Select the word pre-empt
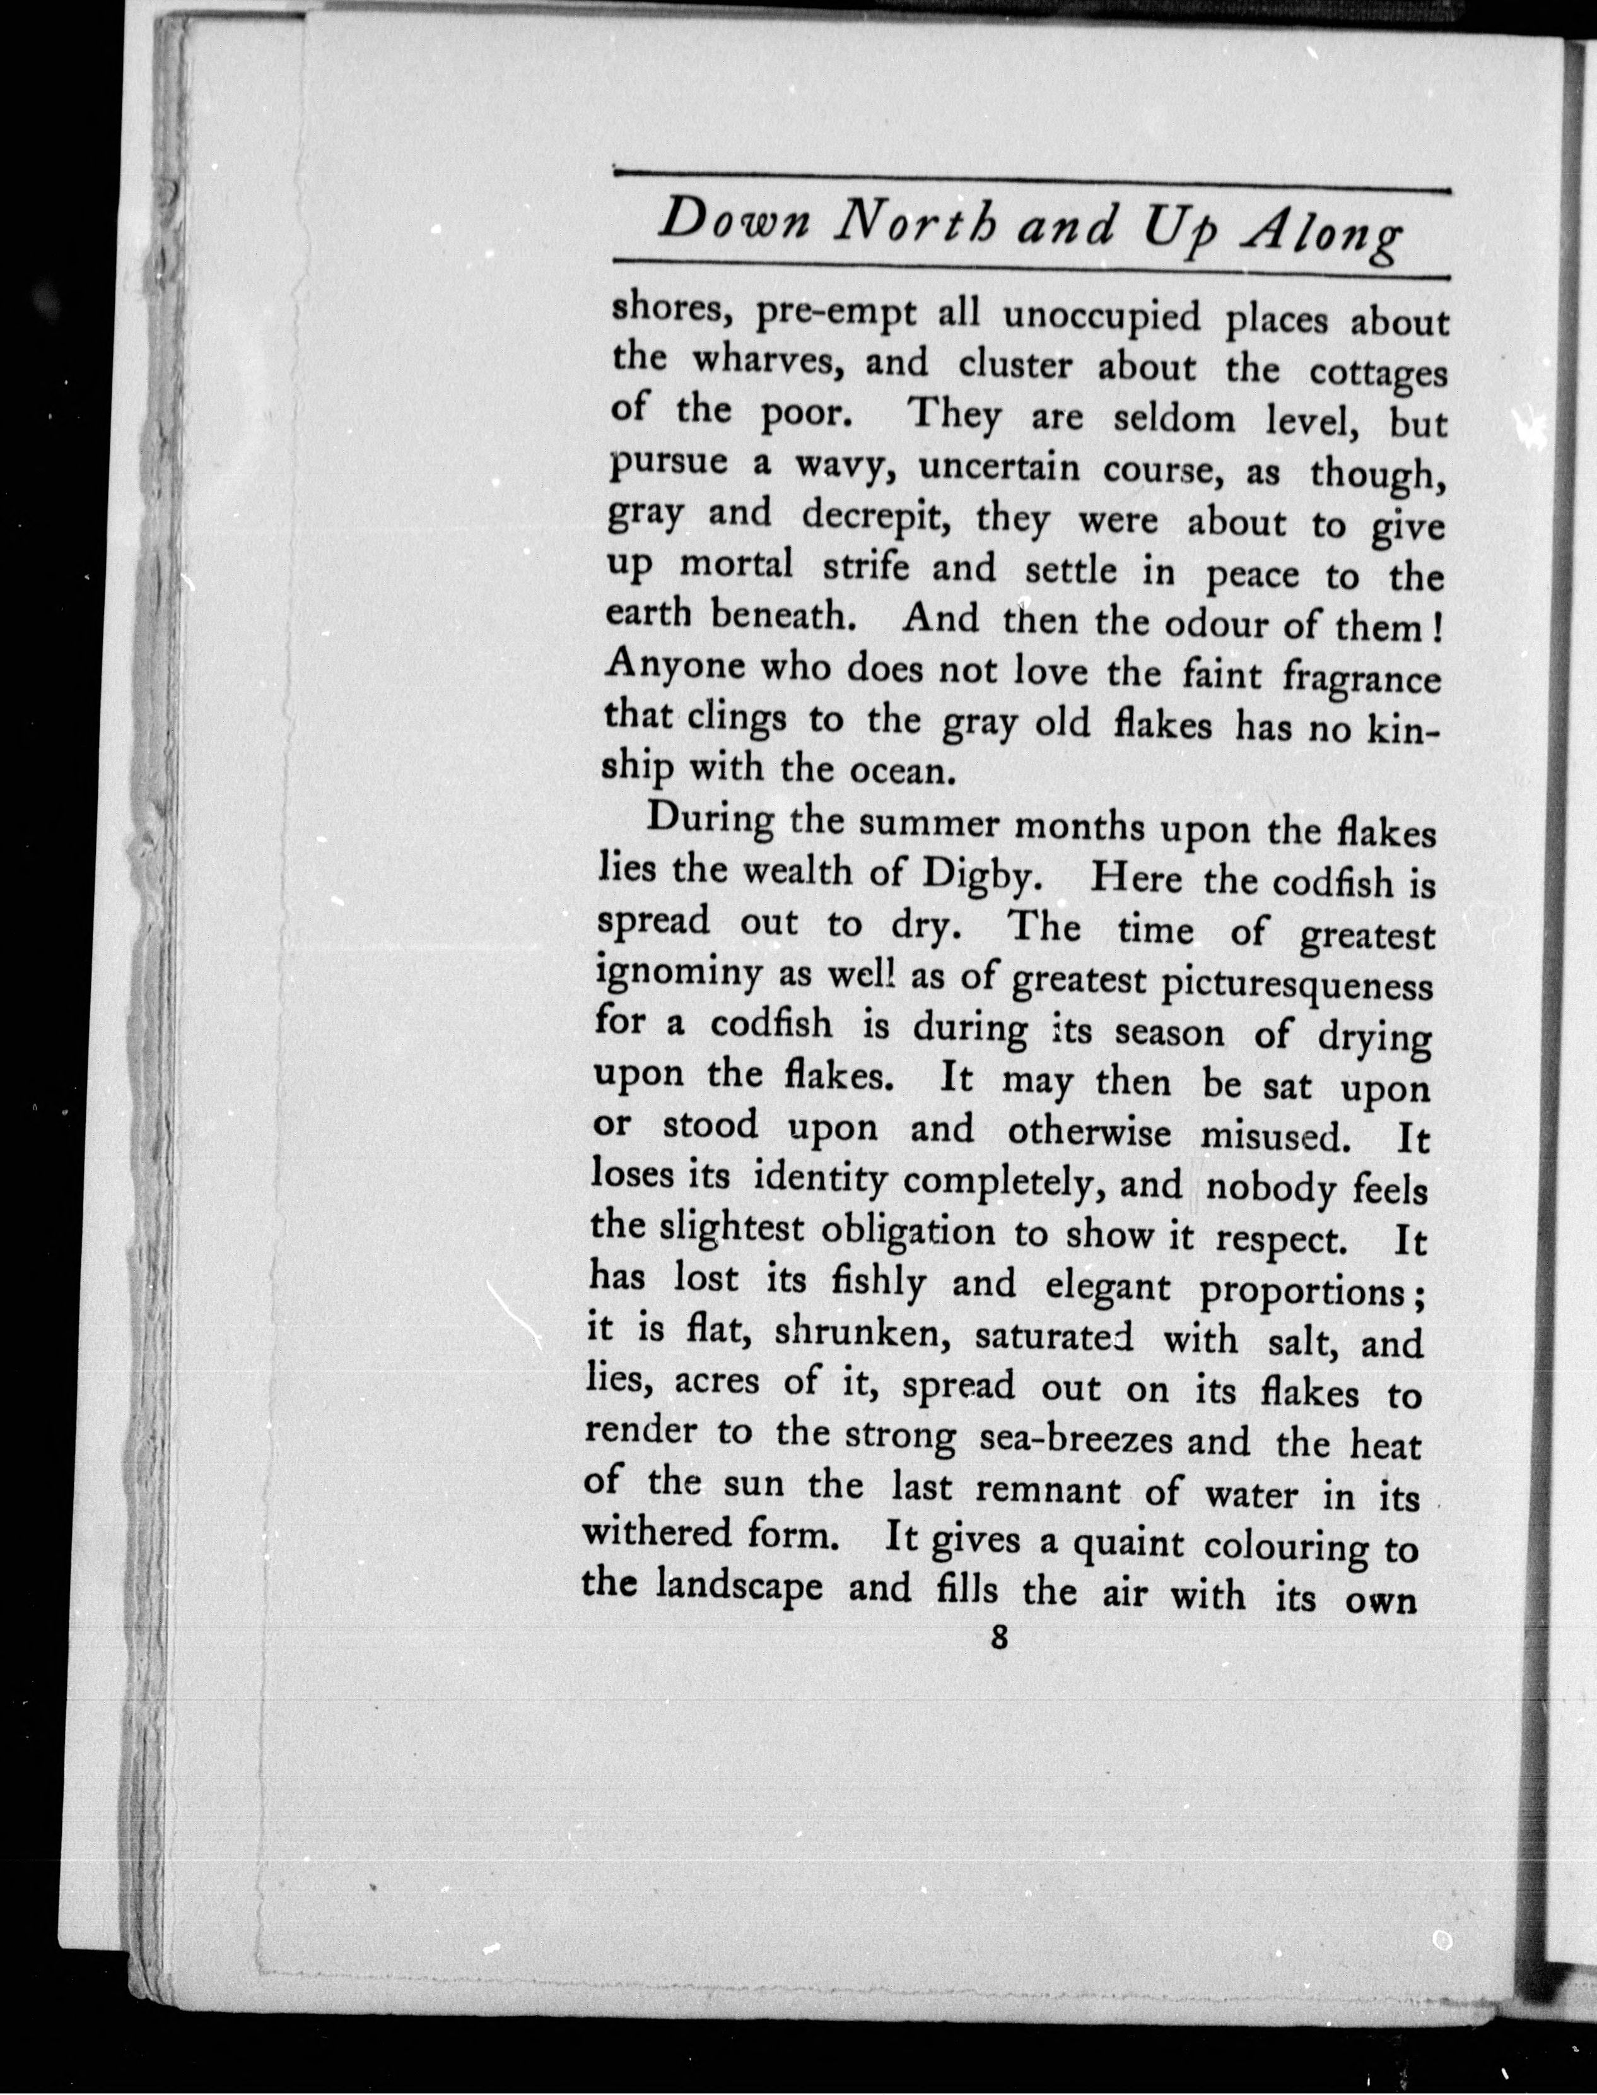coord(836,314)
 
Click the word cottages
coord(1378,374)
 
